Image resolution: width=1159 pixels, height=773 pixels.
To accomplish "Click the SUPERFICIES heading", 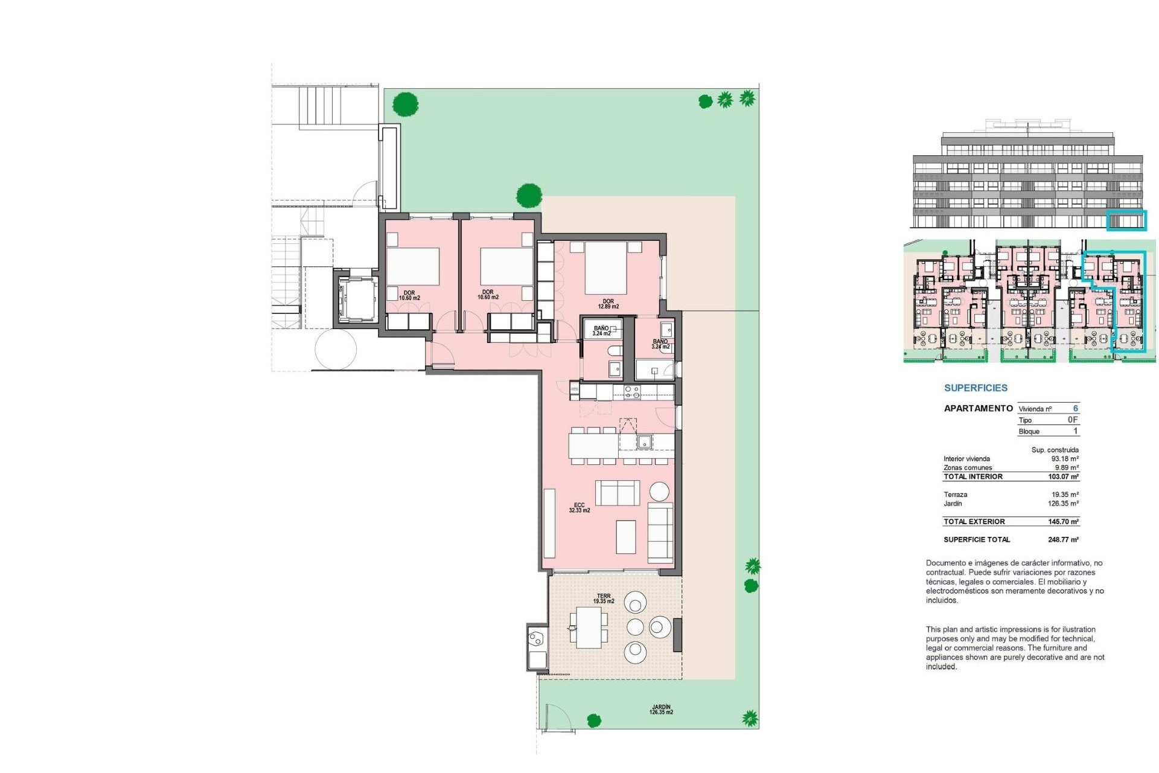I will point(975,388).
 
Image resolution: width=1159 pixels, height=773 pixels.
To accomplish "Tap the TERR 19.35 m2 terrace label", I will point(603,598).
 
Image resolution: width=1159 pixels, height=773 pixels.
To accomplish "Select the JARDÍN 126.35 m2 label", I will point(661,710).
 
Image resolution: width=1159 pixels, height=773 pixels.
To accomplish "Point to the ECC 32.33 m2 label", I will point(579,508).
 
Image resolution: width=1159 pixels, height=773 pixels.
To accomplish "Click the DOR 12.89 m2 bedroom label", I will point(608,304).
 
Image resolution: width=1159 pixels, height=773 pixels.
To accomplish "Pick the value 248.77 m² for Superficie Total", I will point(1063,540).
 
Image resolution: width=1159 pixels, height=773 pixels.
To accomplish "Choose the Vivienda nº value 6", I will point(1075,409).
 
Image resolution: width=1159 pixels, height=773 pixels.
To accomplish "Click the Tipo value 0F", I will point(1072,420).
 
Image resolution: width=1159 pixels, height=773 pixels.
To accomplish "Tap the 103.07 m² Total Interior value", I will point(1063,477).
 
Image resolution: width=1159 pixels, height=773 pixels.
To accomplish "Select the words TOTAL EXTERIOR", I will point(974,522).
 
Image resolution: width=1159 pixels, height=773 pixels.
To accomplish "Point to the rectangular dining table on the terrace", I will point(588,627).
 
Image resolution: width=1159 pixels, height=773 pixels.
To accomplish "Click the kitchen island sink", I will point(644,442).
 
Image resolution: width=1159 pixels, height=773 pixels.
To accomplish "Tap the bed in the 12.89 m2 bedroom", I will point(605,268).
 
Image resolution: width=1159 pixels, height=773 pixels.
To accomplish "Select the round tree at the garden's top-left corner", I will point(405,104).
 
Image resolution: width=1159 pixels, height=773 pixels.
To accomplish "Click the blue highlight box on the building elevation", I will point(1126,220).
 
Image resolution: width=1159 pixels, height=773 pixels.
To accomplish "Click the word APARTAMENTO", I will point(978,408).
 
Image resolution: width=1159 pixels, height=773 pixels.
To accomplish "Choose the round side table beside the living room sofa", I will point(659,491).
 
